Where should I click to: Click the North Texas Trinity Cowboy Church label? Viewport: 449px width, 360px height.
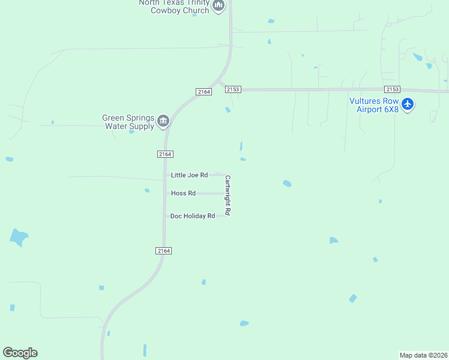[173, 6]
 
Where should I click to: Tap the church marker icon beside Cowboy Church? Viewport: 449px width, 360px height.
[218, 7]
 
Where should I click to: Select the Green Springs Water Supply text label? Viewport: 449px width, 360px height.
[128, 122]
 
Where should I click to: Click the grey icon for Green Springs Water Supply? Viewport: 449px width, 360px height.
[163, 122]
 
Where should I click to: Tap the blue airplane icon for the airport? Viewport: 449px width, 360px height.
[408, 104]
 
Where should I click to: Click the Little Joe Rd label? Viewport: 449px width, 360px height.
[189, 175]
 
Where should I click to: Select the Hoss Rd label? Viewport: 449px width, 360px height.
[183, 193]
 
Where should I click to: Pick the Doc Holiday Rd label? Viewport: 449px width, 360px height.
[192, 216]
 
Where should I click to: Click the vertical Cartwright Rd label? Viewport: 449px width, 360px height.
[228, 195]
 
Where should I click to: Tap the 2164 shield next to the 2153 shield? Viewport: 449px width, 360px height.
[203, 91]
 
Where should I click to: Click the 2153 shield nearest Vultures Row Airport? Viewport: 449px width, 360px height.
[393, 89]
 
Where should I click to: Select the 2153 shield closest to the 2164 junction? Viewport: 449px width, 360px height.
[233, 89]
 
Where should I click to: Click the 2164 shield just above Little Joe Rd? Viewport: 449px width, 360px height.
[166, 154]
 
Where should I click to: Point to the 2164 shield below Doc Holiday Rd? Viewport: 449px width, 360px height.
[164, 251]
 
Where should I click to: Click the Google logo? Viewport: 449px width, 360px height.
[20, 353]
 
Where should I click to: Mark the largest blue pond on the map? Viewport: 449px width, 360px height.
[19, 237]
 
